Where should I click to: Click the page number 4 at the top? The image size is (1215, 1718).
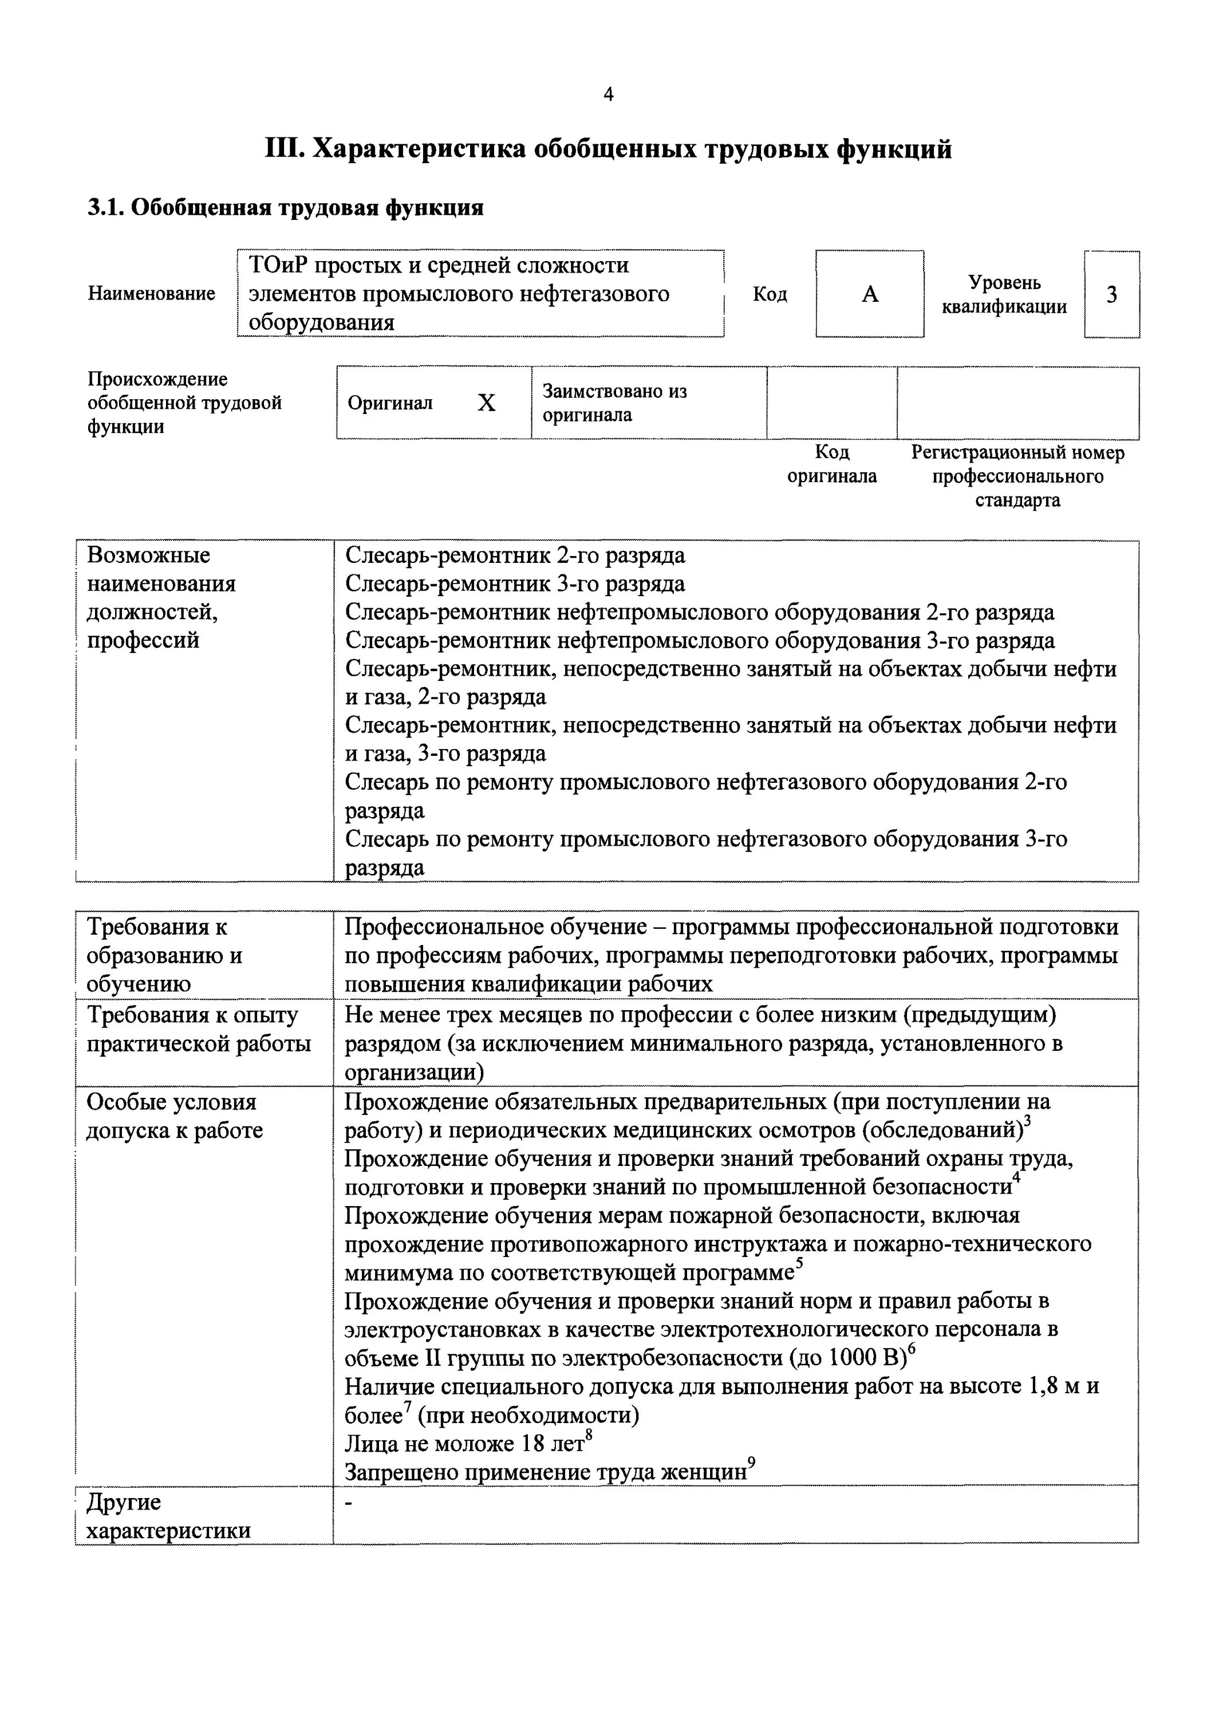pos(607,94)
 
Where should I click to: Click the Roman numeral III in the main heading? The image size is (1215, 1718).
pos(283,149)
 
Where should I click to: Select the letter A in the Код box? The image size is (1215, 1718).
pos(869,294)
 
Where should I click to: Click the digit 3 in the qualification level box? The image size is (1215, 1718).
pos(1112,295)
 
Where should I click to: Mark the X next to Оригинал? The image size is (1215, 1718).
pos(486,403)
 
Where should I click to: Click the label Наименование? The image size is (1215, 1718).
pos(151,293)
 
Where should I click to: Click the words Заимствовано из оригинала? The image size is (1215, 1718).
pos(613,403)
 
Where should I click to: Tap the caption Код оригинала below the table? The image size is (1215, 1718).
pos(832,464)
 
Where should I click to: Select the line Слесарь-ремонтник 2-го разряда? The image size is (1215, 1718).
pos(515,555)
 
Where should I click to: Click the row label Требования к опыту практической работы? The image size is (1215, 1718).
pos(198,1029)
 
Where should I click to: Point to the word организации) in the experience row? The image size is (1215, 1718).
pos(415,1072)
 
